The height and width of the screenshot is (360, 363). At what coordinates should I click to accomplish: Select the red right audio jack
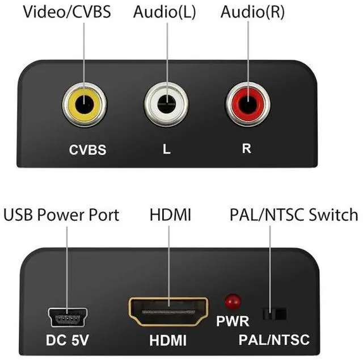pyautogui.click(x=247, y=105)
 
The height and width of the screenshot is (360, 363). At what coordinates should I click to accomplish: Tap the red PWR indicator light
pyautogui.click(x=231, y=301)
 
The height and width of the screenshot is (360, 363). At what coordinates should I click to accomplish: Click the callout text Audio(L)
pyautogui.click(x=165, y=12)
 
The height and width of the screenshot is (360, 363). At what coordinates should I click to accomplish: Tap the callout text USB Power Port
pyautogui.click(x=62, y=215)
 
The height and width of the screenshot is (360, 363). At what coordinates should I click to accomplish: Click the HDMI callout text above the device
pyautogui.click(x=170, y=215)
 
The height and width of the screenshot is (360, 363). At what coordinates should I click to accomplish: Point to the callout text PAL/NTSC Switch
pyautogui.click(x=294, y=215)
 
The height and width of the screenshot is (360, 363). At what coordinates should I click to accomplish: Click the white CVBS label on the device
pyautogui.click(x=88, y=150)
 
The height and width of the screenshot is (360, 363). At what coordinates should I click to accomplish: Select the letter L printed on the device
pyautogui.click(x=166, y=150)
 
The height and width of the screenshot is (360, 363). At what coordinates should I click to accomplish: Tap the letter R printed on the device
pyautogui.click(x=247, y=150)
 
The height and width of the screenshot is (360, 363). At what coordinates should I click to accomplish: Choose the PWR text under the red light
pyautogui.click(x=233, y=321)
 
